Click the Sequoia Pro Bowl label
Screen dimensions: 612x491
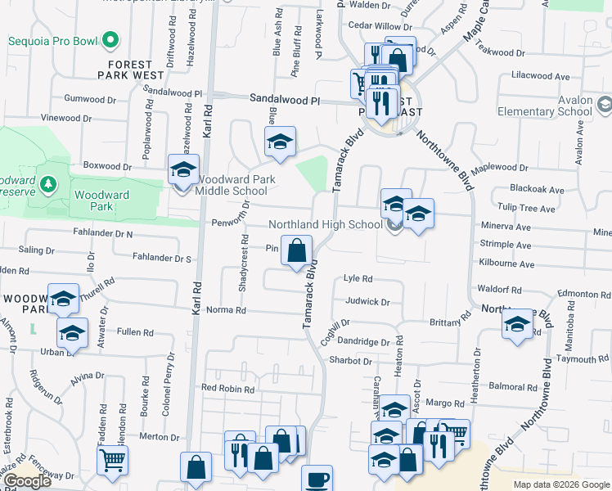tap(54, 41)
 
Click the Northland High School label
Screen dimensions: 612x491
tap(326, 225)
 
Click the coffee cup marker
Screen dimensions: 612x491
tap(317, 480)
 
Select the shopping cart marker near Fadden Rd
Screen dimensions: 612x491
tap(112, 459)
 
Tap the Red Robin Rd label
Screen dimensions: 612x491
tap(227, 389)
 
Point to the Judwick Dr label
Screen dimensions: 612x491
tap(367, 301)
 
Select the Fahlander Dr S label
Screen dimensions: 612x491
tap(160, 259)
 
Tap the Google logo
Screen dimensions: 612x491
tap(27, 482)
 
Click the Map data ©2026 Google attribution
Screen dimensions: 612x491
tap(560, 484)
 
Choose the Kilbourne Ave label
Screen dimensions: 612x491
tap(507, 265)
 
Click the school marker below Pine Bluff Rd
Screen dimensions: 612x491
tap(280, 143)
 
